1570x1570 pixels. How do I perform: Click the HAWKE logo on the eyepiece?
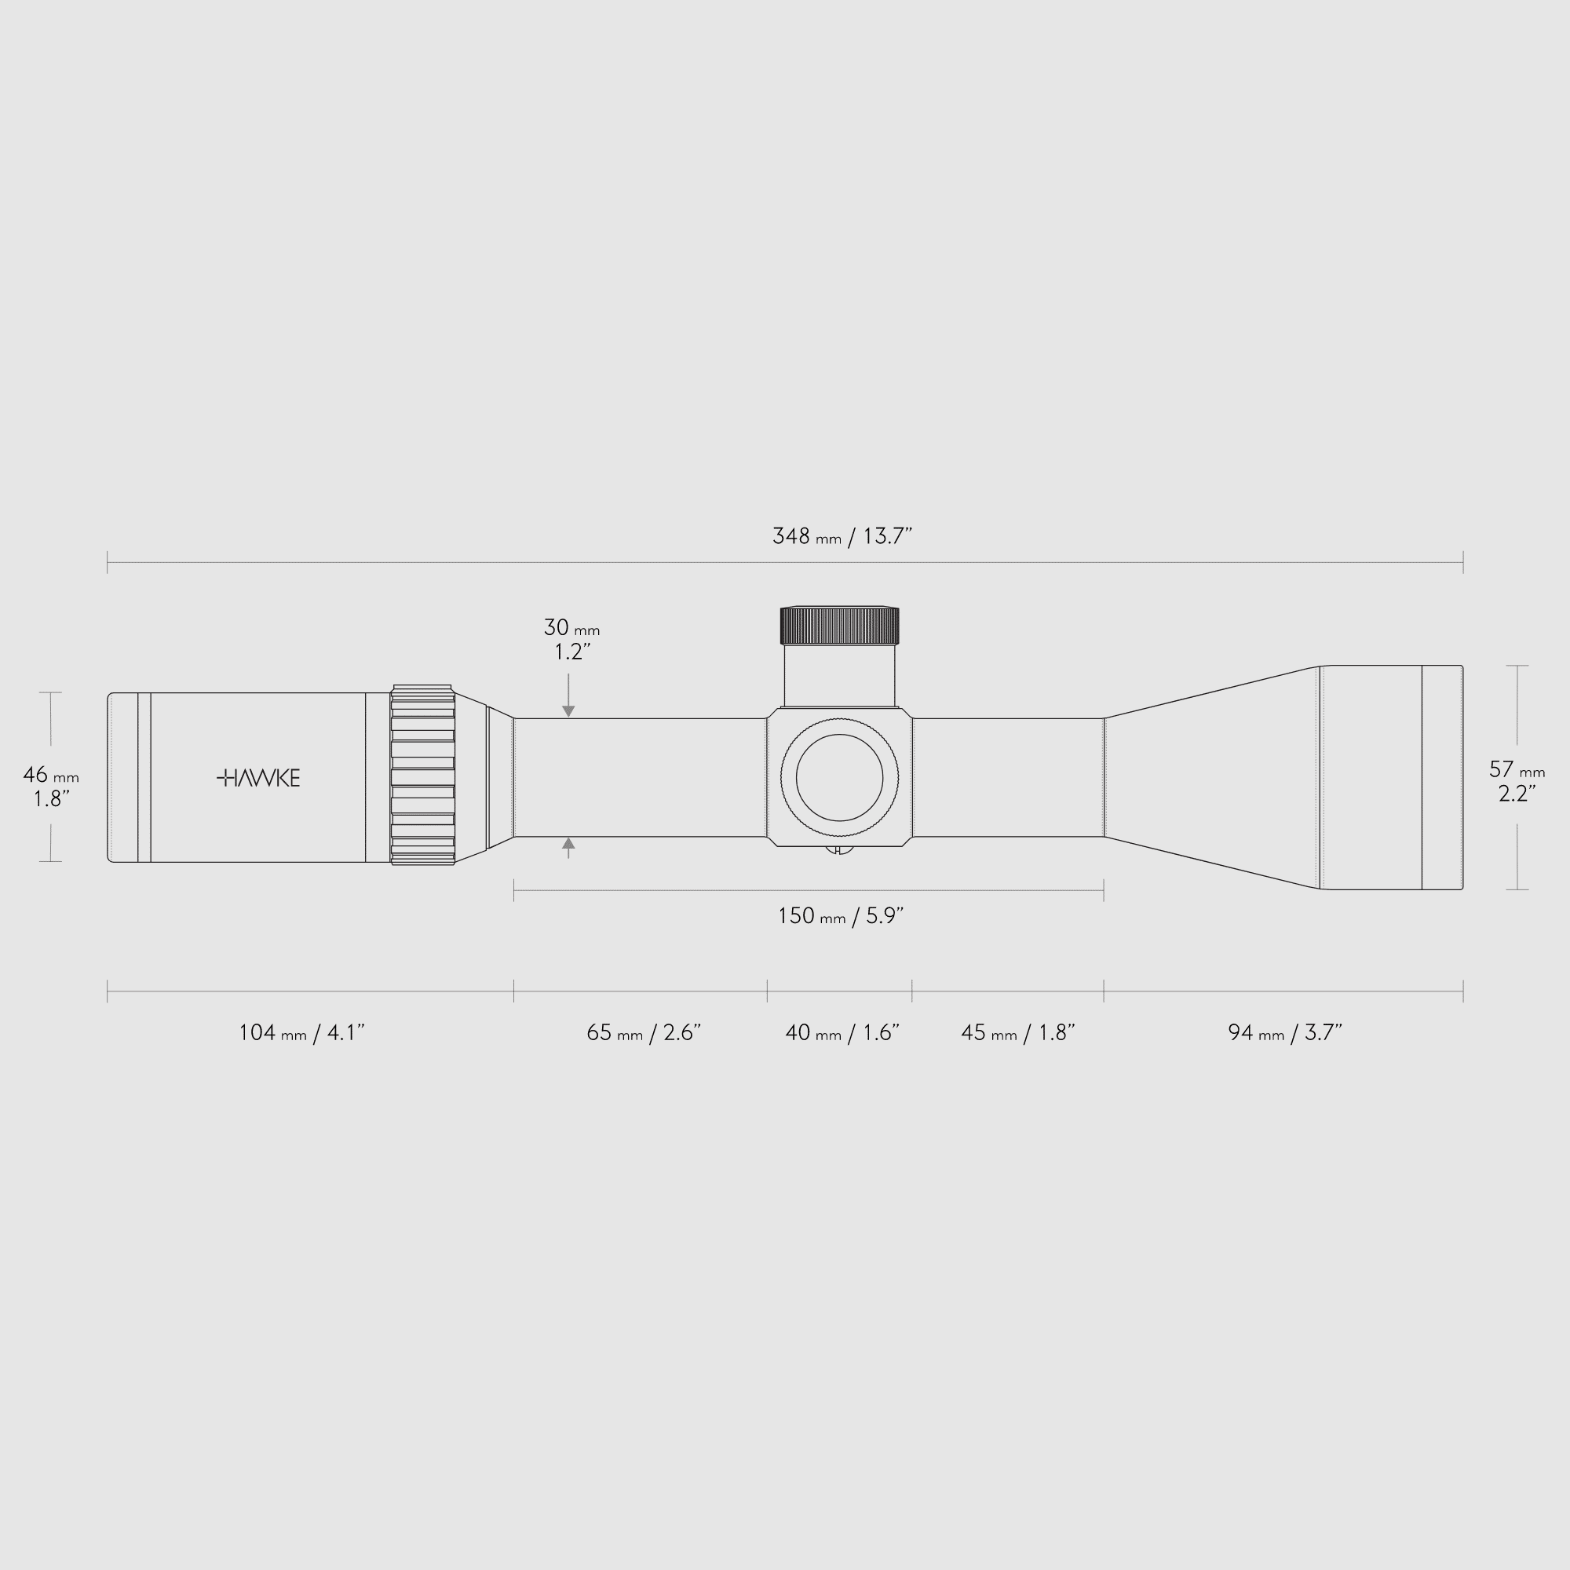(258, 778)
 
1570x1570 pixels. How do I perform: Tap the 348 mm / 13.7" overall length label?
(842, 536)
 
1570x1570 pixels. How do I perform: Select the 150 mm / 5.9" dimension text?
(840, 916)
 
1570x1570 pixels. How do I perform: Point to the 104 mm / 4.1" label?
(301, 1033)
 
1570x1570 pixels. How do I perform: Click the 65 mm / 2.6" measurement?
(643, 1033)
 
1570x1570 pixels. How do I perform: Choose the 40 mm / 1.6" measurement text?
(841, 1033)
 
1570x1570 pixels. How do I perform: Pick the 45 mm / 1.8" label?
(1017, 1033)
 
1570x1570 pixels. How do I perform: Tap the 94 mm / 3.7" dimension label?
(1284, 1033)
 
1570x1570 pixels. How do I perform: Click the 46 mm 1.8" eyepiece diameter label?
(50, 786)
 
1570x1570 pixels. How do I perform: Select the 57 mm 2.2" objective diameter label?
(1517, 780)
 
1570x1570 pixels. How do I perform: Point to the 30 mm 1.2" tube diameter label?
(571, 639)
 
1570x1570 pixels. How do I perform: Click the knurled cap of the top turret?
(839, 625)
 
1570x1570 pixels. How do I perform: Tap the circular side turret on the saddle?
(839, 778)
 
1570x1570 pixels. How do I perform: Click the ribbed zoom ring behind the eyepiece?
(422, 776)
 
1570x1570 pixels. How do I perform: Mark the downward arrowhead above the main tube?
(568, 711)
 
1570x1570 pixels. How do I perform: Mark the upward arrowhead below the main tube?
(568, 844)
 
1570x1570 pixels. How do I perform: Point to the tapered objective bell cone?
(1210, 777)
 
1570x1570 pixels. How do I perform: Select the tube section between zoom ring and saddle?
(641, 777)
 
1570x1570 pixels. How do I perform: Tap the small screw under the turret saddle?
(839, 850)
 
